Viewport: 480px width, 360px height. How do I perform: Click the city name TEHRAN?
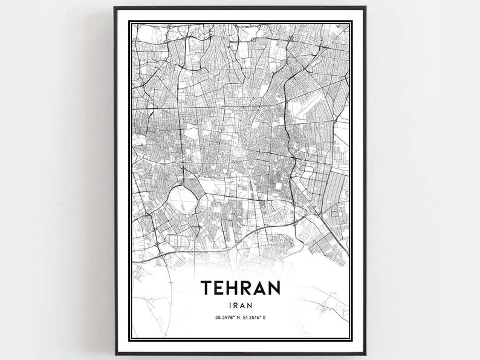coord(240,288)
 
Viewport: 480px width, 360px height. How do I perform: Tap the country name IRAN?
coord(240,307)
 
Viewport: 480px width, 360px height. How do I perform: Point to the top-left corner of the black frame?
coord(115,7)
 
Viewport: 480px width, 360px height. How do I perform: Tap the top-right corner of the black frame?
coord(365,7)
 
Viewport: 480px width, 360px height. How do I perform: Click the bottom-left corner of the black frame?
coord(115,355)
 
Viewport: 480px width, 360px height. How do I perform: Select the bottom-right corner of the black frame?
coord(365,355)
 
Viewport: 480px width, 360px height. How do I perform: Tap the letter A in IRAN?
coord(243,307)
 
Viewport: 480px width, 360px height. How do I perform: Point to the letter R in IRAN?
coord(235,307)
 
